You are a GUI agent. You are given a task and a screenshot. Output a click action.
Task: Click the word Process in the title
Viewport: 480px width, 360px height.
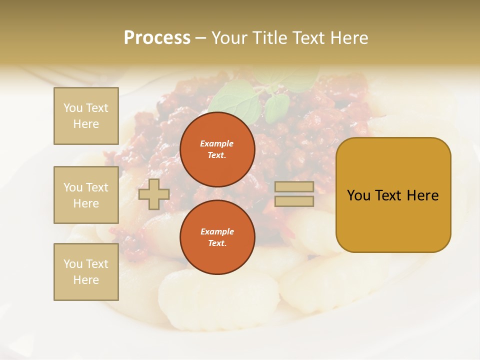click(157, 38)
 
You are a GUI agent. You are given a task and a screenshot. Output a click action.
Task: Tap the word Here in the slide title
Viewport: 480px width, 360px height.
click(348, 38)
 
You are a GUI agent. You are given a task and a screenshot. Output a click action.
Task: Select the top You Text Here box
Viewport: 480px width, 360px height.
click(86, 116)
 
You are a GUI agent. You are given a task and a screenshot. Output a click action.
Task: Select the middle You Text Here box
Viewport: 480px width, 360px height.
click(86, 195)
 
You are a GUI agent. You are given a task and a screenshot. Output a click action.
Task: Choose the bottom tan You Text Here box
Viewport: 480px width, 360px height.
click(86, 271)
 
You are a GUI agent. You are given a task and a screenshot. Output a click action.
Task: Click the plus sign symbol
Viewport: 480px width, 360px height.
click(154, 194)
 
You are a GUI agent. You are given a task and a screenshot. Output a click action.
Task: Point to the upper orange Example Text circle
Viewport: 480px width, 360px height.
click(217, 149)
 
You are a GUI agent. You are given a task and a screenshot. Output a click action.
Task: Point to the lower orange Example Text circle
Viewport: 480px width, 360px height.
click(217, 237)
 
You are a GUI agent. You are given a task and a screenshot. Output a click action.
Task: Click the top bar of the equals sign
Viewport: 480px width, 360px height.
click(294, 187)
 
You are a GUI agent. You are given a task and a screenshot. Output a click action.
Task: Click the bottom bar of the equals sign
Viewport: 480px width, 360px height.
click(294, 201)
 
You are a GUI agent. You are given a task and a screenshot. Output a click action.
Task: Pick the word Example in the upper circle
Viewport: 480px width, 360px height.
click(217, 143)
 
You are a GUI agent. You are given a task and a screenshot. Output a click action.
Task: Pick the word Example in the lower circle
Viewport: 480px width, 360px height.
click(217, 231)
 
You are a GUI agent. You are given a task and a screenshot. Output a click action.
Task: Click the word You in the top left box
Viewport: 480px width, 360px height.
click(72, 108)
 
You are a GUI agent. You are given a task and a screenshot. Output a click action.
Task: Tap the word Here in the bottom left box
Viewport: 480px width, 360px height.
click(86, 280)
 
